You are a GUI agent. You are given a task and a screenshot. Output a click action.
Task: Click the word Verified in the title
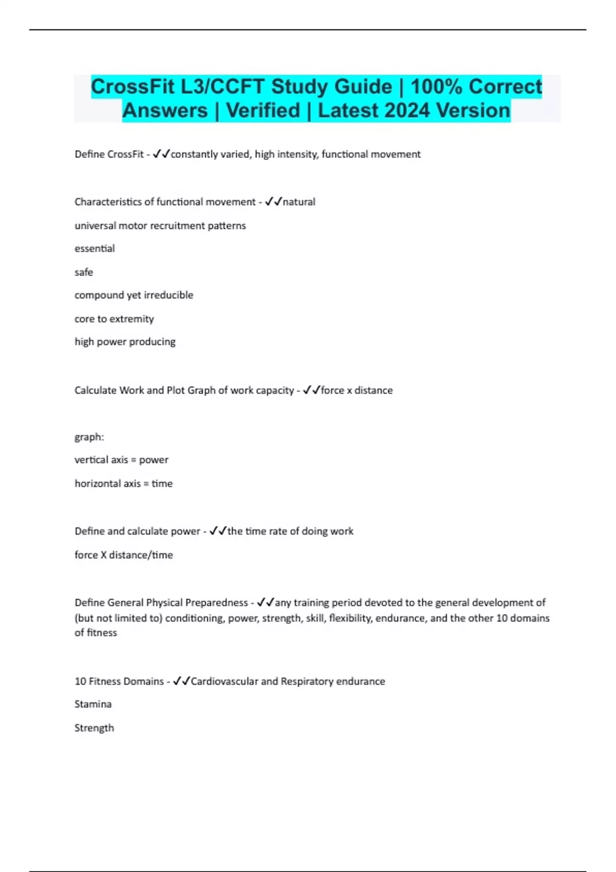263,110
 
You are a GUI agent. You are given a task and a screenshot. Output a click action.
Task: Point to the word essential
94,248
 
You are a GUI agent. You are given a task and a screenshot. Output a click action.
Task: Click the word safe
84,272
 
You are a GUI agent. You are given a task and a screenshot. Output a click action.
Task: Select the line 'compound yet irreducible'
133,295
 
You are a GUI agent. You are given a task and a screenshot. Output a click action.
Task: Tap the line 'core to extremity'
114,319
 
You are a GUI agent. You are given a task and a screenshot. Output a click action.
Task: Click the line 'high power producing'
125,342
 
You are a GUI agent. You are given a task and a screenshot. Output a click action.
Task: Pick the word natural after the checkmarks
299,202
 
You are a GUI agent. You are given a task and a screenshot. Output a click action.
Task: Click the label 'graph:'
89,437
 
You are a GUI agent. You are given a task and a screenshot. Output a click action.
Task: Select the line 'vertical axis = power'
121,460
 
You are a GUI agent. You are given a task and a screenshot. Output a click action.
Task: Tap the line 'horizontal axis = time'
123,483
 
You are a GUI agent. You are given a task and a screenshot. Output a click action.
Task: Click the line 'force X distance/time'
123,554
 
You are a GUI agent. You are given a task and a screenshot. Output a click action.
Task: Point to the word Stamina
93,704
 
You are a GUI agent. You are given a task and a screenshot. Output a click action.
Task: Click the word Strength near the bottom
94,727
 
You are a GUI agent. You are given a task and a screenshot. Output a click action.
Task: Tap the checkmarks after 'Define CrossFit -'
161,154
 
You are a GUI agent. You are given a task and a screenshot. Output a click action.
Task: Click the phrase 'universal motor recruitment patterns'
160,225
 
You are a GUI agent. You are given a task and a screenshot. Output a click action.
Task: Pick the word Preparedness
216,602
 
